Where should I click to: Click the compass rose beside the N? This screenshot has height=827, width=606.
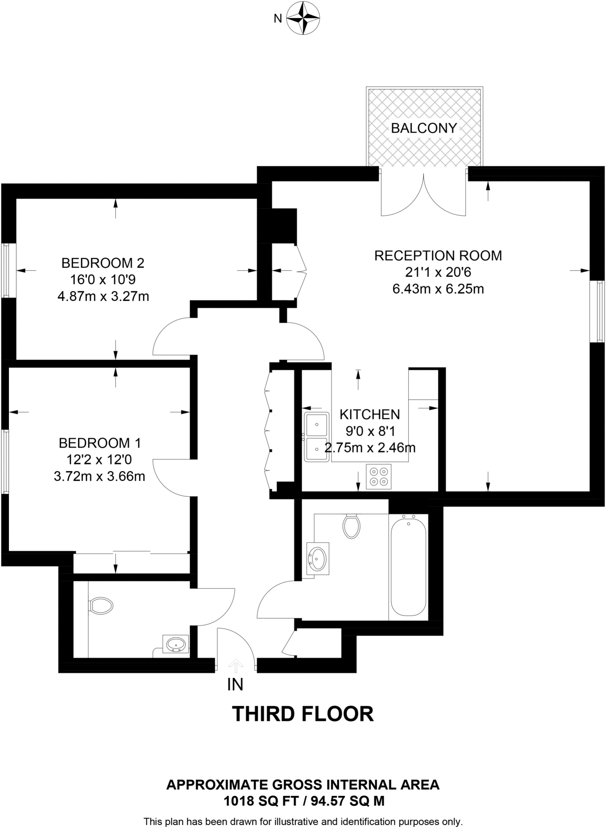pyautogui.click(x=303, y=18)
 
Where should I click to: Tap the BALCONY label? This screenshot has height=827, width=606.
pyautogui.click(x=424, y=128)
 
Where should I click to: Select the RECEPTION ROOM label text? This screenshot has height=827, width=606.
pyautogui.click(x=438, y=256)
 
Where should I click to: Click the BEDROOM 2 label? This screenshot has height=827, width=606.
pyautogui.click(x=102, y=263)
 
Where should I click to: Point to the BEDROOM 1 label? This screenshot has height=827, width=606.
pyautogui.click(x=100, y=443)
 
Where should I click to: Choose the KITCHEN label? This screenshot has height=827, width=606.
pyautogui.click(x=370, y=414)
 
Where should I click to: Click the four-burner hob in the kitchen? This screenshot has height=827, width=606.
pyautogui.click(x=378, y=476)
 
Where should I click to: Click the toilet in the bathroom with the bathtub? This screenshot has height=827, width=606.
pyautogui.click(x=351, y=526)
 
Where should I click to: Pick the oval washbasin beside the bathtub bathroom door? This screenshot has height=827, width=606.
pyautogui.click(x=318, y=558)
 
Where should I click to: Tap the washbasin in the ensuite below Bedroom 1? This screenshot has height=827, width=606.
pyautogui.click(x=175, y=644)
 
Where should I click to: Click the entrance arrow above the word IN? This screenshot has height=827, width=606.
pyautogui.click(x=236, y=665)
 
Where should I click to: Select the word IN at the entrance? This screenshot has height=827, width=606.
pyautogui.click(x=235, y=684)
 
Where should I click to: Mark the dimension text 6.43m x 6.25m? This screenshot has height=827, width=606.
pyautogui.click(x=438, y=289)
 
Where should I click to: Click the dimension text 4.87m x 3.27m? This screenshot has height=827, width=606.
pyautogui.click(x=103, y=297)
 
